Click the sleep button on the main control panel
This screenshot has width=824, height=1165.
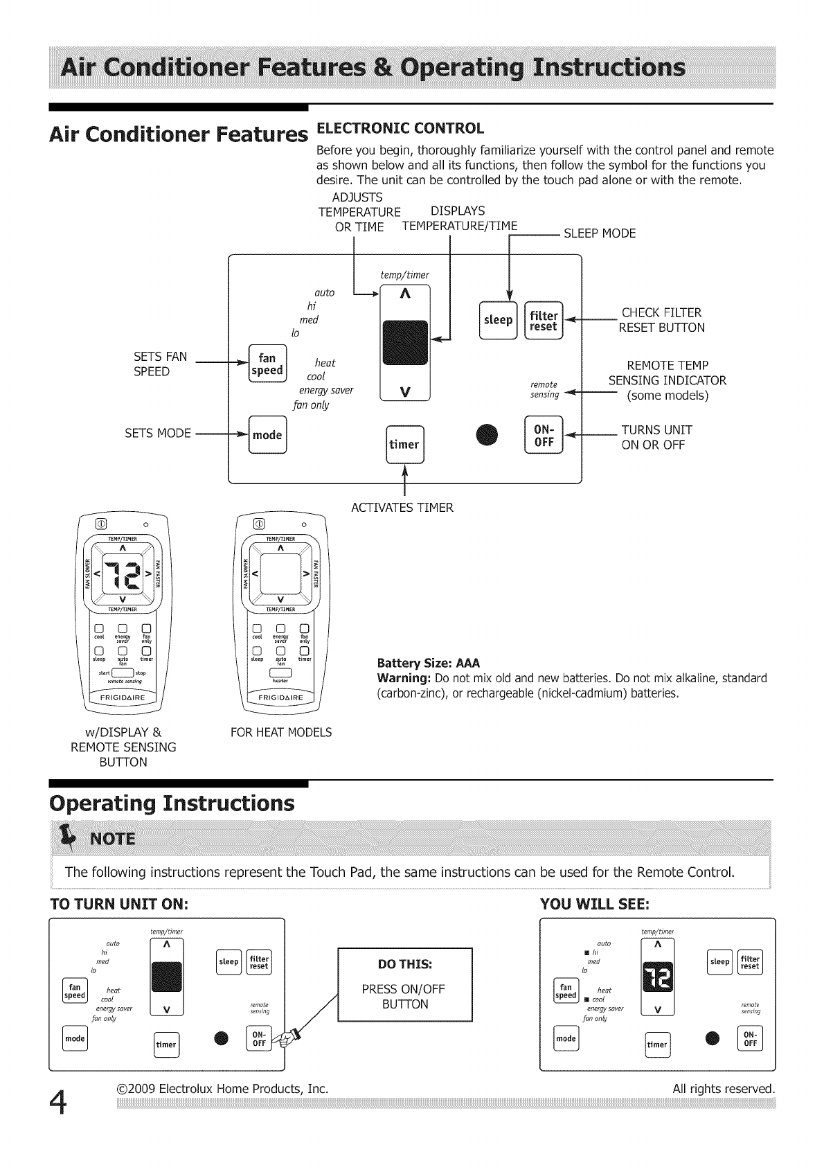pyautogui.click(x=498, y=320)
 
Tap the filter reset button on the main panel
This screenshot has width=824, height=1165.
pyautogui.click(x=544, y=320)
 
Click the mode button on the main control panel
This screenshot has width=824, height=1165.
pyautogui.click(x=267, y=435)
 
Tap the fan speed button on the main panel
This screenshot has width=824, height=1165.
pyautogui.click(x=267, y=364)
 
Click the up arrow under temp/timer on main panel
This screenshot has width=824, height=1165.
pyautogui.click(x=405, y=295)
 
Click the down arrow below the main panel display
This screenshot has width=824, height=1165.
pyautogui.click(x=405, y=391)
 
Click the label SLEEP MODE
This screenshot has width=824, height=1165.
pyautogui.click(x=599, y=233)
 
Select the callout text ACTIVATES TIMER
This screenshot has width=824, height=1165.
pyautogui.click(x=402, y=508)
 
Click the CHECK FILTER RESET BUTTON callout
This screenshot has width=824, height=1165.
pyautogui.click(x=661, y=320)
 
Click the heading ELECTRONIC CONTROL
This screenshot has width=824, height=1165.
pyautogui.click(x=400, y=128)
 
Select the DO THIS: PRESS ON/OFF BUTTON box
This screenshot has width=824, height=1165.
pyautogui.click(x=405, y=984)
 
